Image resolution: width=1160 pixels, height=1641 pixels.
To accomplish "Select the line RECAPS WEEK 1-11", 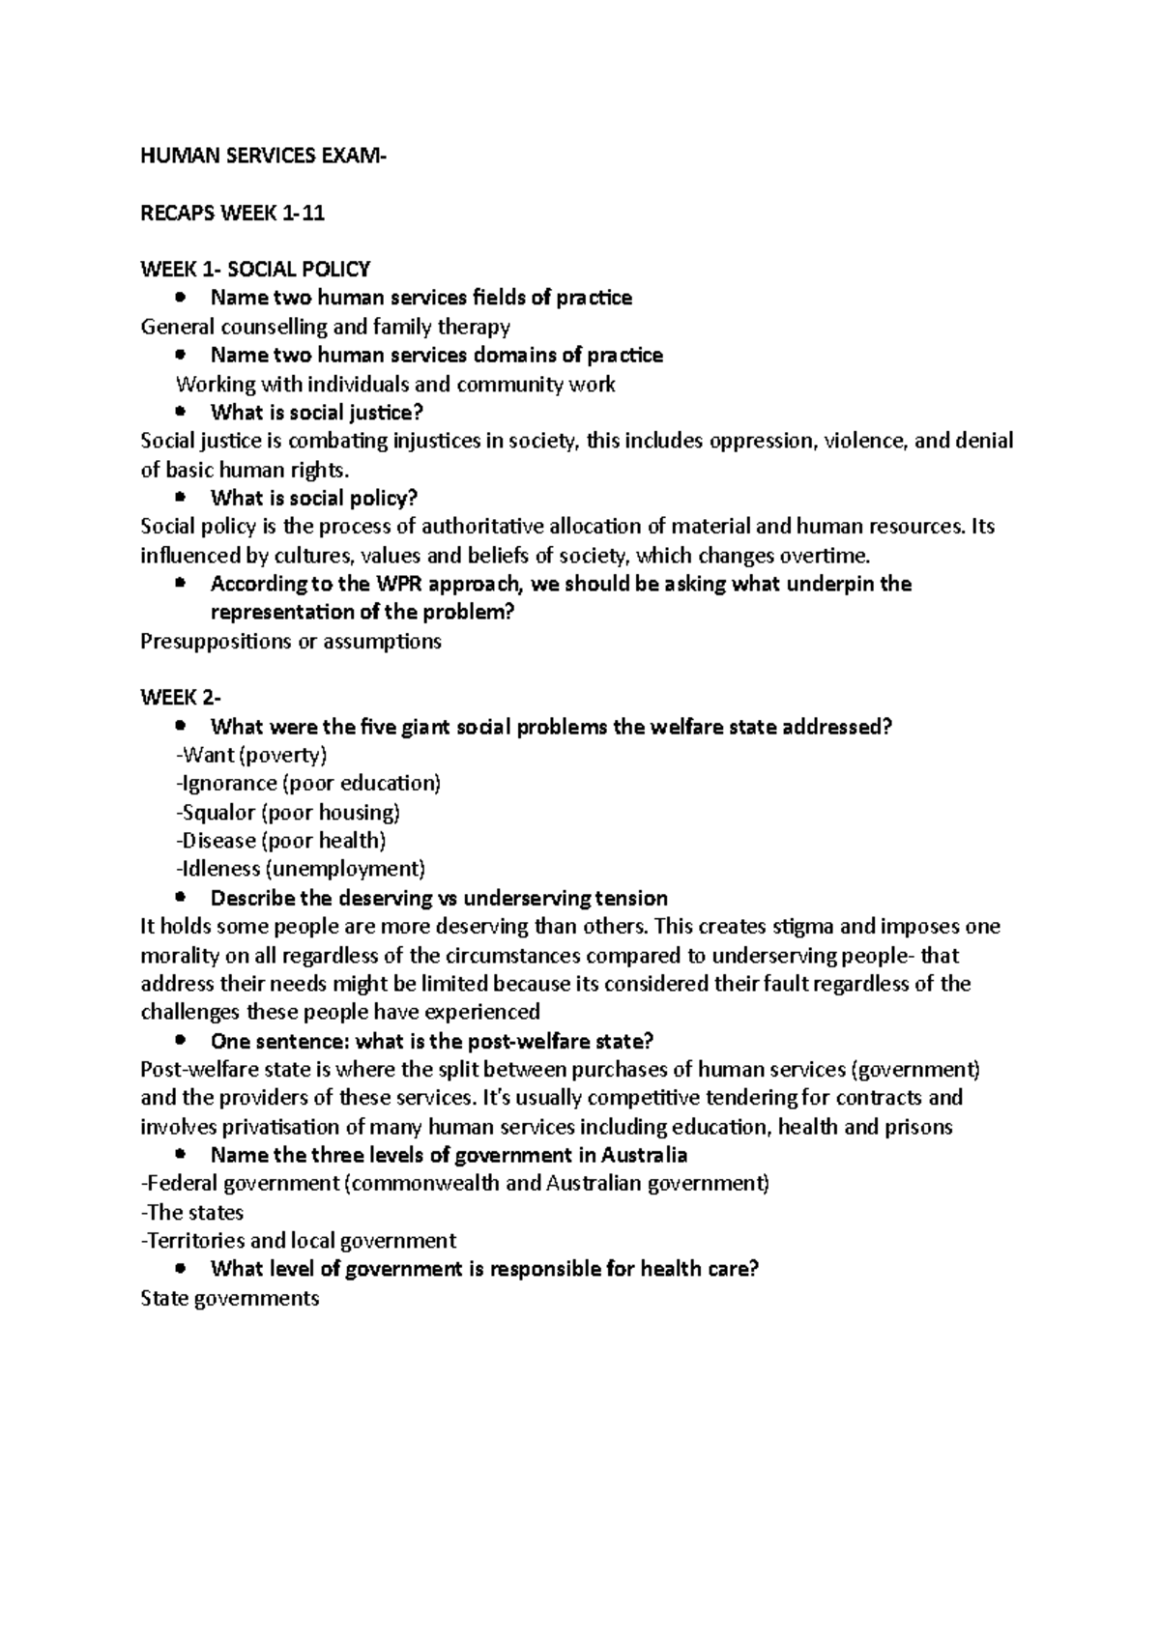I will coord(233,214).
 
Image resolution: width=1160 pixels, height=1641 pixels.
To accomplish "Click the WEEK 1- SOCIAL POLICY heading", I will coord(255,269).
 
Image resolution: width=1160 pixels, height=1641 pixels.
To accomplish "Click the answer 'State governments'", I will coord(230,1298).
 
